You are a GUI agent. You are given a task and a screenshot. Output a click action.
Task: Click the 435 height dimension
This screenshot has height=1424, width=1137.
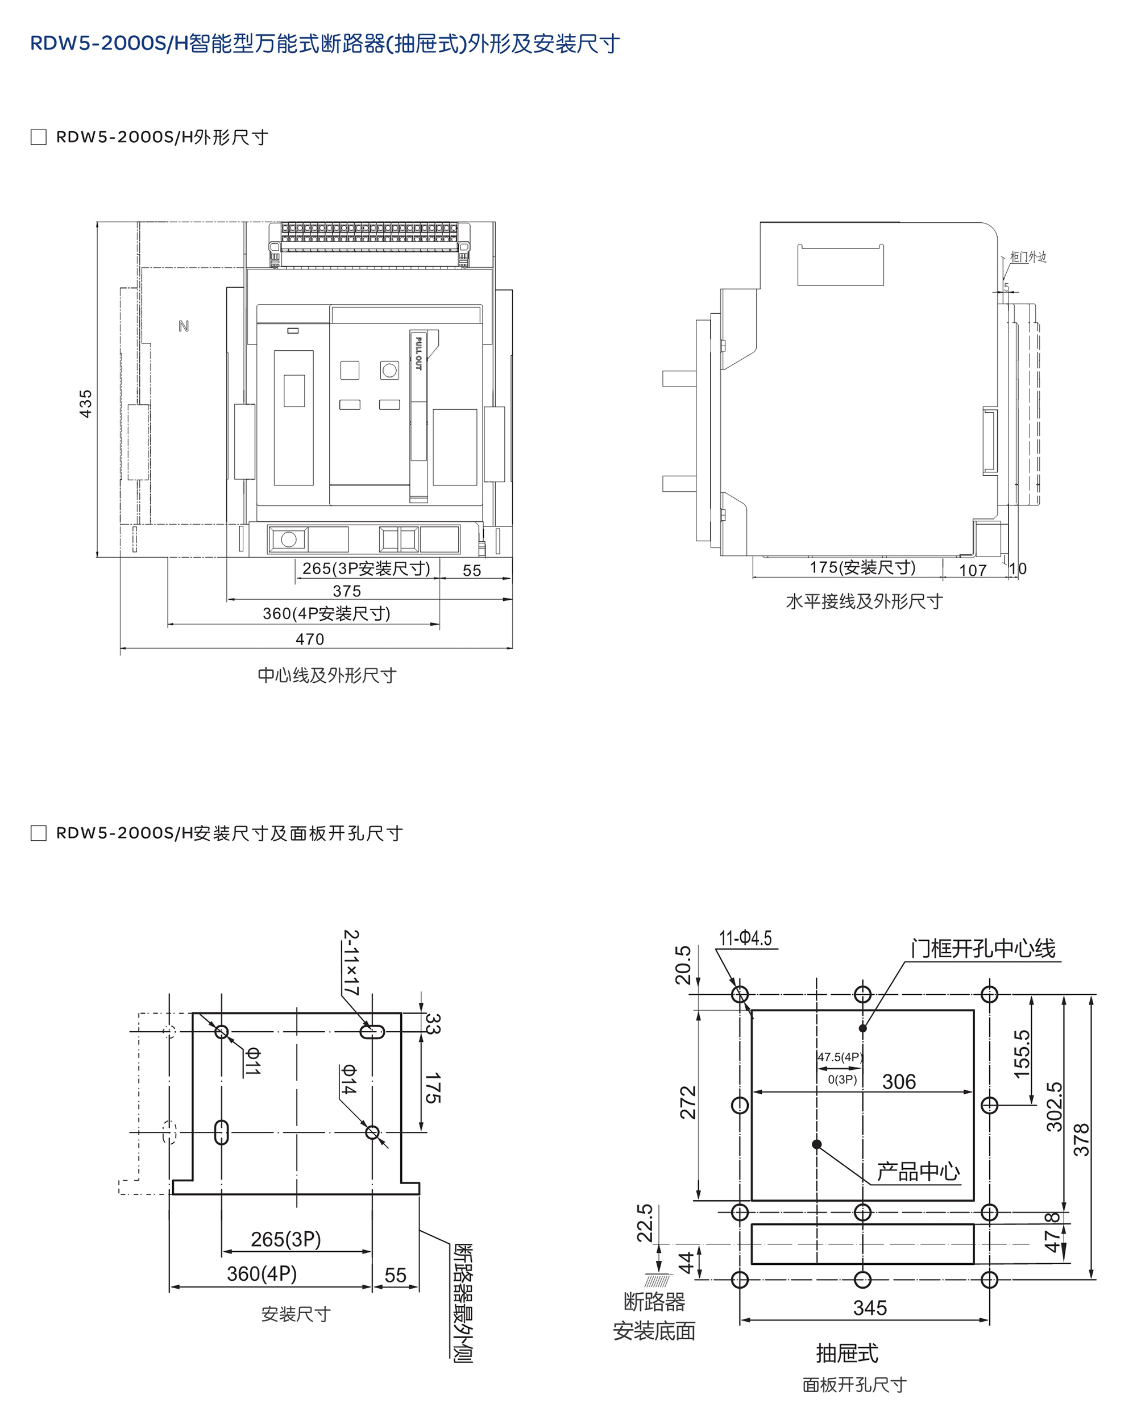(x=86, y=404)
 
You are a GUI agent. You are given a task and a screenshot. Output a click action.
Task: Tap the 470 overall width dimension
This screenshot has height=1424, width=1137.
(x=310, y=640)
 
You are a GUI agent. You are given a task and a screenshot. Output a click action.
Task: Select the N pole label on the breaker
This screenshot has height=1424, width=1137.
(x=184, y=326)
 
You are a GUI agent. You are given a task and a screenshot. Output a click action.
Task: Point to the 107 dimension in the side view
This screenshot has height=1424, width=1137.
(x=973, y=570)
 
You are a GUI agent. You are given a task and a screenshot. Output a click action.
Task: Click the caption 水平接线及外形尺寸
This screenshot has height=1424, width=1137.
(x=864, y=601)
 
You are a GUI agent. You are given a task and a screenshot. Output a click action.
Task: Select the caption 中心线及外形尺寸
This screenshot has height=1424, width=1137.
(x=327, y=675)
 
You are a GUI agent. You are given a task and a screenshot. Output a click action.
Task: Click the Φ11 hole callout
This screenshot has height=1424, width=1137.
(x=253, y=1061)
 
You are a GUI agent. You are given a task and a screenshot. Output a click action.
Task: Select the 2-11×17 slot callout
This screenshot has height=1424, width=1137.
(x=351, y=963)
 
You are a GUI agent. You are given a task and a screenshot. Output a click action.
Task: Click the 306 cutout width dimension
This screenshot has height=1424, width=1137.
(x=899, y=1082)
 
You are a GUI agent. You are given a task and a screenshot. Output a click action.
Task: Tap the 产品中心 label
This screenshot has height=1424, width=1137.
(x=918, y=1172)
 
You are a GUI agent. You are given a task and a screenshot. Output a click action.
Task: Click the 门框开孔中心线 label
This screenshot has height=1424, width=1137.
(x=983, y=949)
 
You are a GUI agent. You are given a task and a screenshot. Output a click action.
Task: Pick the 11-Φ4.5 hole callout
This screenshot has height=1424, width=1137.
(x=745, y=938)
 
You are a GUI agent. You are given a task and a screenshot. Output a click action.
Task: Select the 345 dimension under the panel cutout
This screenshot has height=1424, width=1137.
(x=870, y=1308)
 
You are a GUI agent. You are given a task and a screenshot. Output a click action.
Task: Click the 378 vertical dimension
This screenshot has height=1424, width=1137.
(x=1081, y=1139)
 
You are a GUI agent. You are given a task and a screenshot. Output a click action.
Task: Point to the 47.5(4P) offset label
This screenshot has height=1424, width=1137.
(x=840, y=1057)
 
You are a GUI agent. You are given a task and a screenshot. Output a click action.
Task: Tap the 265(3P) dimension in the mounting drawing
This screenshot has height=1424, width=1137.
(x=286, y=1239)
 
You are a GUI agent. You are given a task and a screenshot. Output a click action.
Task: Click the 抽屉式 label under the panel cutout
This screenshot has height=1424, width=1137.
(x=847, y=1354)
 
